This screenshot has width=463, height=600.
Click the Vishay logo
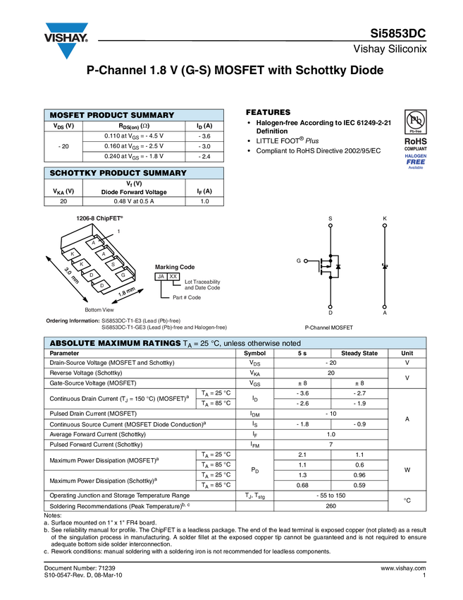(x=66, y=40)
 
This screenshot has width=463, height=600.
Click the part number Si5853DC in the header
(x=397, y=34)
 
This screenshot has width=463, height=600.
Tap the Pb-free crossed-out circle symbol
(x=415, y=120)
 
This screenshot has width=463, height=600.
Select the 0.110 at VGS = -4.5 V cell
(x=134, y=136)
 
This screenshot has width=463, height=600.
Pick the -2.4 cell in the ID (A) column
(x=204, y=157)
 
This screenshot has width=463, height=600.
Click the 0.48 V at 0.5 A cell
(x=134, y=201)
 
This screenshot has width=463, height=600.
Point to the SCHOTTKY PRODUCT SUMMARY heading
(x=118, y=173)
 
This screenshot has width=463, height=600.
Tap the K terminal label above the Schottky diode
(x=385, y=219)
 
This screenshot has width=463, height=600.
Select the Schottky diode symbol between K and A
(x=385, y=266)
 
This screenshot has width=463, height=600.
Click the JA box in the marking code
(x=161, y=276)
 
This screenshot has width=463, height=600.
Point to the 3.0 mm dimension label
(x=71, y=275)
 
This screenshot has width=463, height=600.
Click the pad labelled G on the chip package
(x=123, y=275)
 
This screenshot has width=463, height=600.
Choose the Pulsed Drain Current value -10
(x=331, y=414)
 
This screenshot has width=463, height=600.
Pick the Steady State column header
(x=359, y=353)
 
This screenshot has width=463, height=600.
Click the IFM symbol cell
(x=255, y=445)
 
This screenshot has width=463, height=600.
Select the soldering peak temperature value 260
(x=331, y=506)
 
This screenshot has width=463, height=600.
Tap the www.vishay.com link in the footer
(x=403, y=568)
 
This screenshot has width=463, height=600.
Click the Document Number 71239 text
(x=80, y=568)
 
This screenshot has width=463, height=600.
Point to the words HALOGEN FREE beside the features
(x=416, y=160)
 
